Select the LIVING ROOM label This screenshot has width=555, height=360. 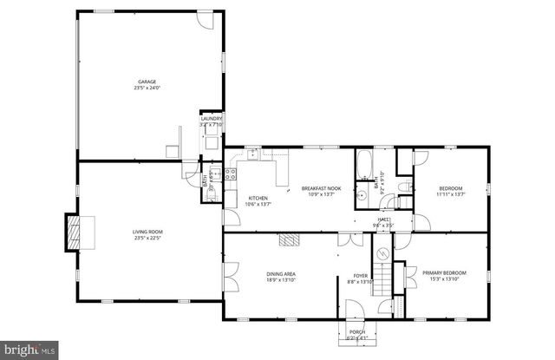(x=147, y=232)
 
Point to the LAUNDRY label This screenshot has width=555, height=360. (x=212, y=119)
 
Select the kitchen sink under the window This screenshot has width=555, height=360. (x=253, y=155)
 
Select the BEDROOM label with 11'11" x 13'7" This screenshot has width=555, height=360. (x=450, y=188)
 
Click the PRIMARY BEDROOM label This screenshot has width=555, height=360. (x=444, y=272)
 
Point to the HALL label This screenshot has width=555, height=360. (x=382, y=219)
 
